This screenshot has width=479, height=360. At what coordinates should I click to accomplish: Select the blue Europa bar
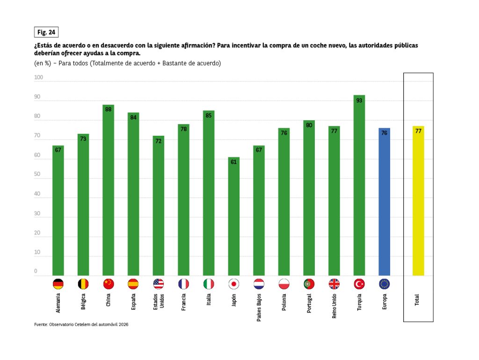point(384,202)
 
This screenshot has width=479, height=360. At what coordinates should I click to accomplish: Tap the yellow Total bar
point(418,201)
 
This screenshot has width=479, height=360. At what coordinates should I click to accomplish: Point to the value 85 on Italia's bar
point(209,115)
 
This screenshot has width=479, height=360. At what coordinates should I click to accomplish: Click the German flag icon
point(58,284)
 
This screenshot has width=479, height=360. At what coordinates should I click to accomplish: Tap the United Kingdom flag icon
point(334,284)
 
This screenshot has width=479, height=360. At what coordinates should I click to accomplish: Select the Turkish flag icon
point(359,284)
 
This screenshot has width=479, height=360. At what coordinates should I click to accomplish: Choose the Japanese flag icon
point(234,284)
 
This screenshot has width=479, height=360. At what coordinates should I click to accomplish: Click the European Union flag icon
point(384,284)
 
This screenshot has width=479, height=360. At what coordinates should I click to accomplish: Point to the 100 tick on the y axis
point(38,78)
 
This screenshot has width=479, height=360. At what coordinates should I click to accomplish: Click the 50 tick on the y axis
point(37,175)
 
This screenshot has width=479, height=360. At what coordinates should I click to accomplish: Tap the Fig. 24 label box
point(46,32)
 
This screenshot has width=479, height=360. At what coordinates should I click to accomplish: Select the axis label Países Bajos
point(259,307)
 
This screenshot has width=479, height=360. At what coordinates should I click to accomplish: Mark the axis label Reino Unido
point(334,306)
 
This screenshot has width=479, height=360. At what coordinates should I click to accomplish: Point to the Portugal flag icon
point(309,284)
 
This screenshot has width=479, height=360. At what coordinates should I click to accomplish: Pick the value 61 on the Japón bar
point(234,162)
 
